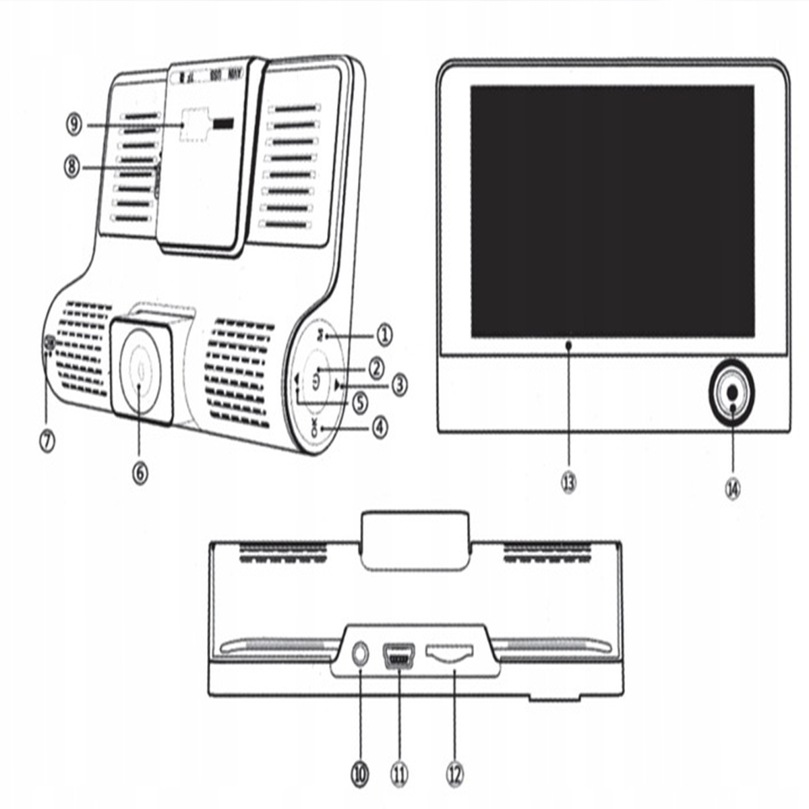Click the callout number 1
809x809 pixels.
pos(384,334)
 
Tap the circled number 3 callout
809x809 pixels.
pos(400,385)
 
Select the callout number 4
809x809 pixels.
pos(381,427)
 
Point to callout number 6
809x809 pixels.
pos(139,473)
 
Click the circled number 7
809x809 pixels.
pos(47,441)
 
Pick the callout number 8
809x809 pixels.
pos(73,167)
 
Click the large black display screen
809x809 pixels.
pos(611,211)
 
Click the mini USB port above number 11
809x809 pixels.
pos(399,656)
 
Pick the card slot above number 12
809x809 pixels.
pos(450,653)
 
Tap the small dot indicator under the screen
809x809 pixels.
pos(569,345)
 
